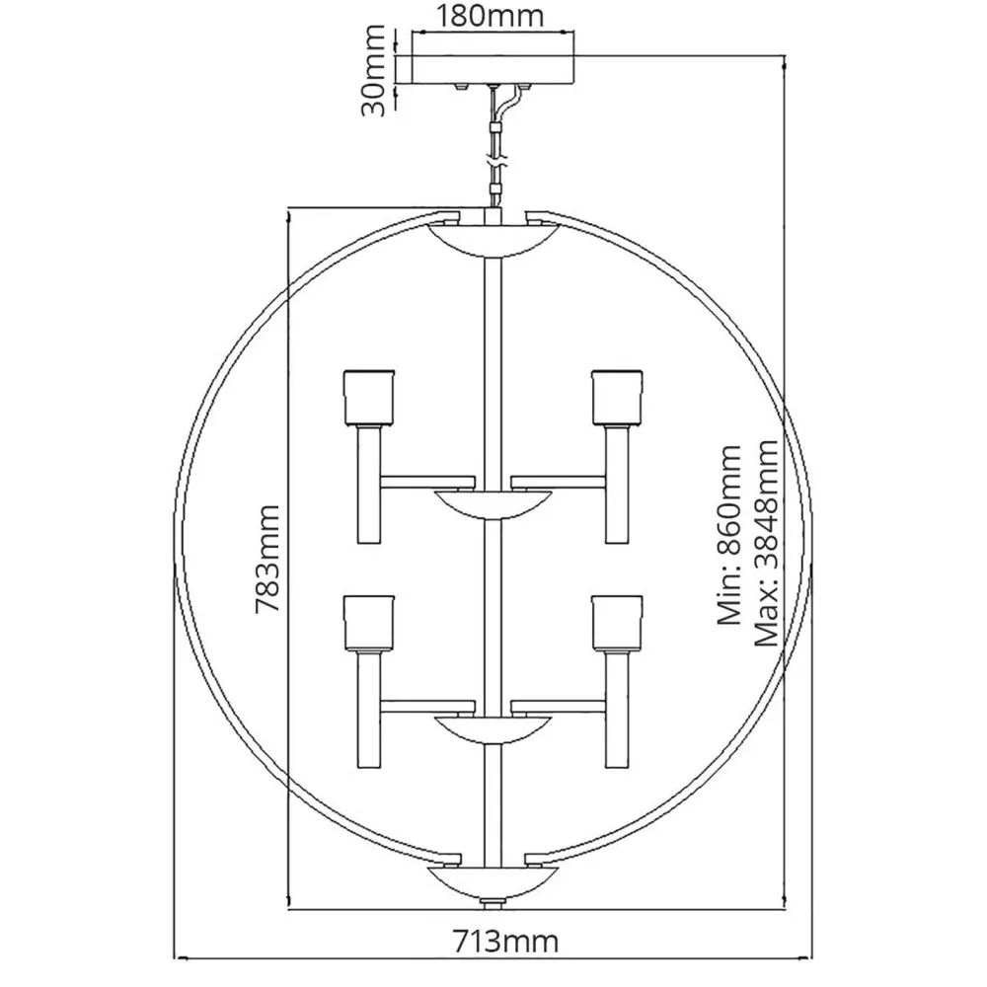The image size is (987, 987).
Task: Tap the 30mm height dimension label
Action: click(x=376, y=71)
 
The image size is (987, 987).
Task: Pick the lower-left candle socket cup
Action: click(x=368, y=621)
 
